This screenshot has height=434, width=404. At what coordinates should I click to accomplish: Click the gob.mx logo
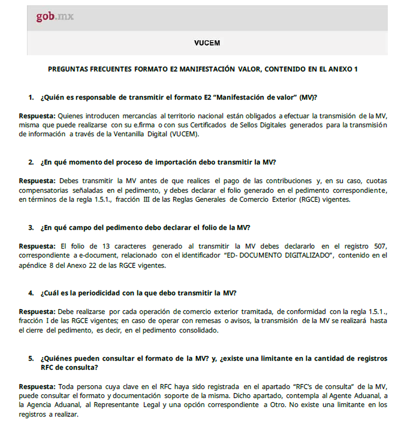click(55, 16)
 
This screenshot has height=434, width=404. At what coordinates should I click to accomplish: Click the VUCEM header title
click(207, 43)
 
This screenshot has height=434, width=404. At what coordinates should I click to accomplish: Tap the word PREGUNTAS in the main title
click(71, 70)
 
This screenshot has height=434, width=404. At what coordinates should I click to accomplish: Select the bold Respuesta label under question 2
click(37, 181)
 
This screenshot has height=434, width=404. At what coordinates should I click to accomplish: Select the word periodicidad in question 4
click(89, 293)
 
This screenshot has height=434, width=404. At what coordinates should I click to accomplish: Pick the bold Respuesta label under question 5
click(37, 387)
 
